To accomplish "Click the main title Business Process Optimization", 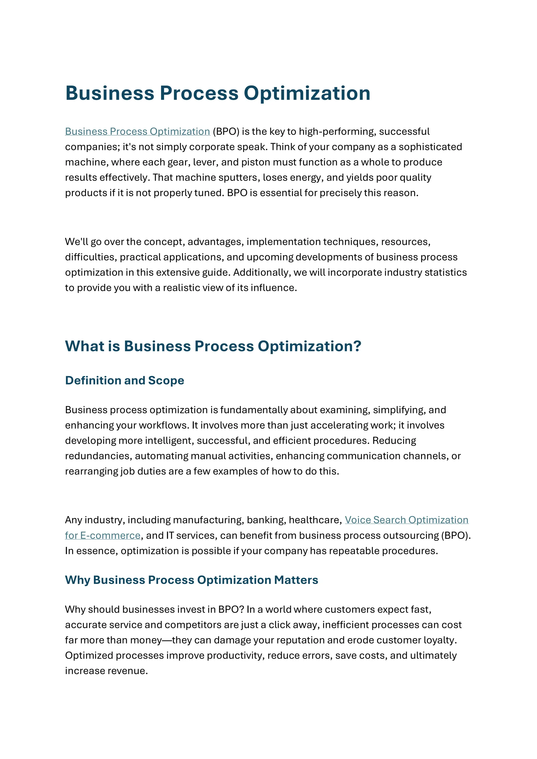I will click(218, 93).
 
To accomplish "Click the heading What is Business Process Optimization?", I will click(213, 346).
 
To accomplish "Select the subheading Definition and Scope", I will click(124, 381).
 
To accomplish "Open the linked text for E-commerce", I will click(103, 535).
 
